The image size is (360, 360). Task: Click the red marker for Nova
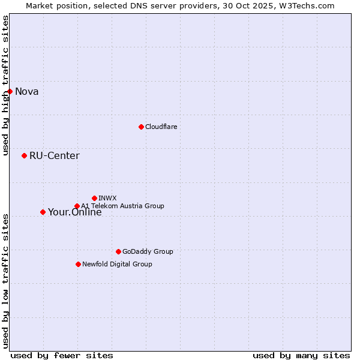point(10,91)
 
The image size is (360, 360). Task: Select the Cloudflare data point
point(141,127)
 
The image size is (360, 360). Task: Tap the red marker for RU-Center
point(24,155)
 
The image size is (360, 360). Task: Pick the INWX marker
point(94,198)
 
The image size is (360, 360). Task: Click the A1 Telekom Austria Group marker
point(77,206)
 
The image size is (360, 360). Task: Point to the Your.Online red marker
point(43,212)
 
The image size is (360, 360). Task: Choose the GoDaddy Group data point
point(118,251)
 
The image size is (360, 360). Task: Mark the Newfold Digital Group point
point(78,264)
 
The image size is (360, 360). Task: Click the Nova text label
point(27,91)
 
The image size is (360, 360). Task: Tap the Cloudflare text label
point(161,127)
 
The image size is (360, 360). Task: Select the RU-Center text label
point(55,155)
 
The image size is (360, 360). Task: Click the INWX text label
point(108,198)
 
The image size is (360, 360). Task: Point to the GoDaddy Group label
point(148,251)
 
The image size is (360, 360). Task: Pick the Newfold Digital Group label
point(117,264)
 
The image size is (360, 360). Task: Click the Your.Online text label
point(74,212)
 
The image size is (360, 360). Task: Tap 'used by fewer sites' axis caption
point(62,355)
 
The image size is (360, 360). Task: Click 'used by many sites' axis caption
point(301,355)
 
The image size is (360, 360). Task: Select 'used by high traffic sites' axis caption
point(5,86)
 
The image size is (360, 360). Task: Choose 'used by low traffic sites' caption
point(5,281)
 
